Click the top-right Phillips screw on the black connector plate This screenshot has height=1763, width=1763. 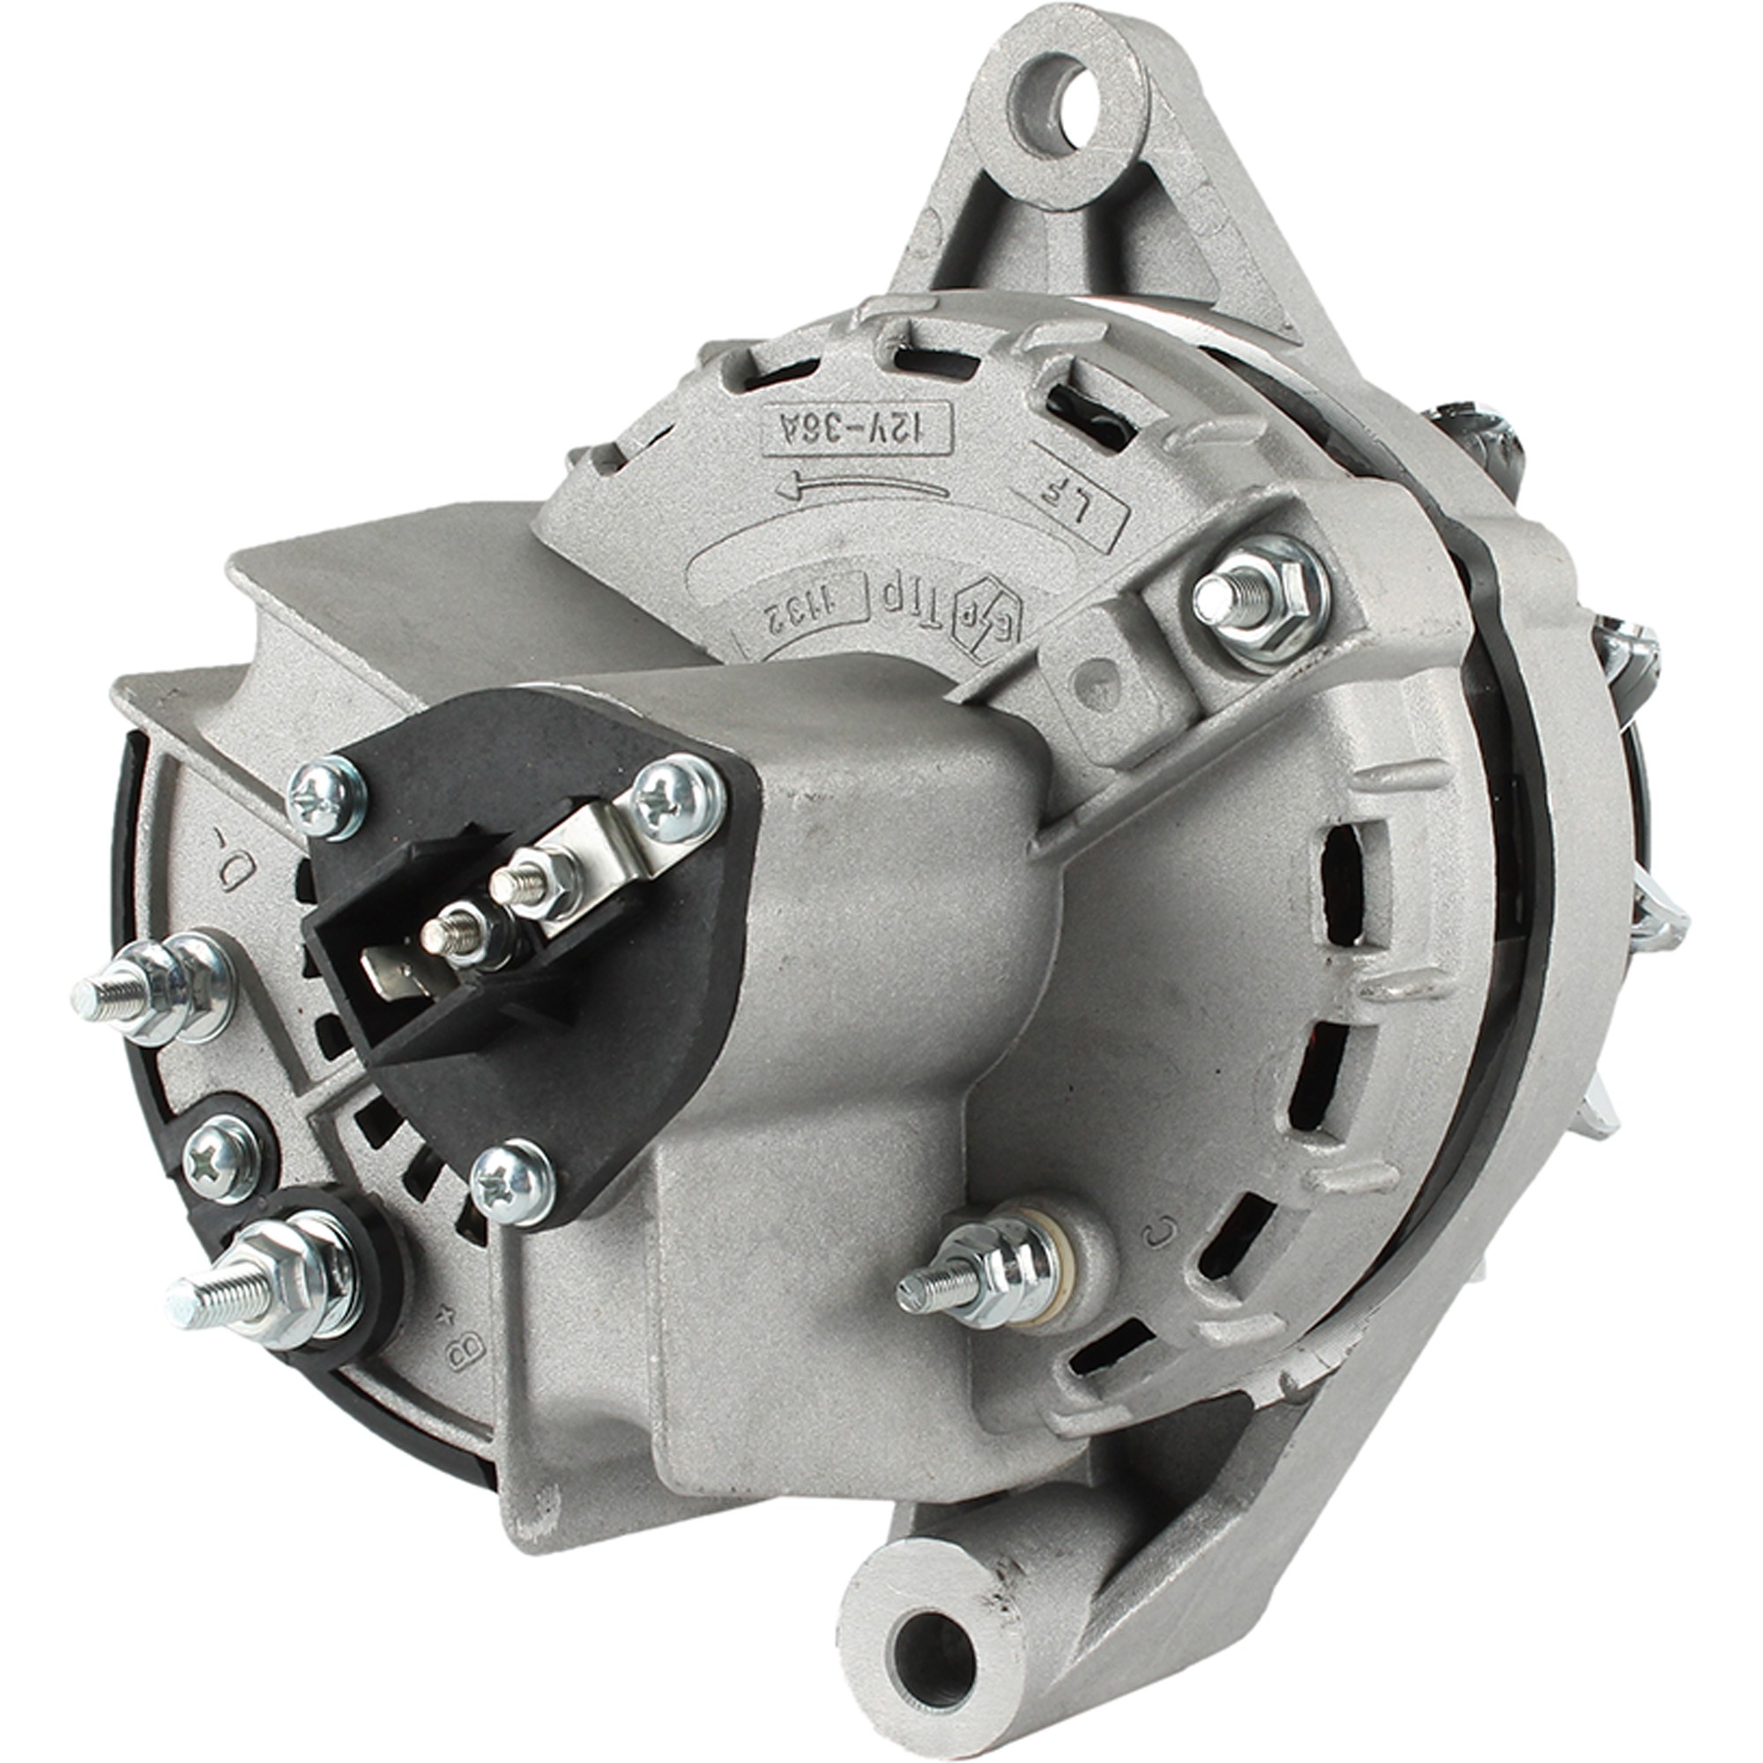[677, 800]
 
